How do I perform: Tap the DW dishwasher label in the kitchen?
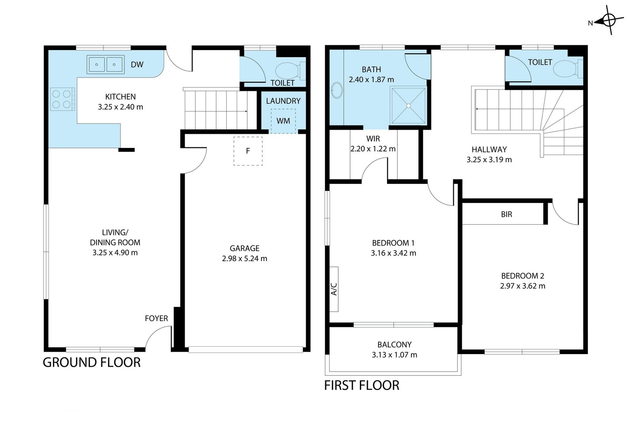(x=137, y=65)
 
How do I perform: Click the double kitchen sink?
(x=106, y=65)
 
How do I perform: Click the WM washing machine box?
(x=283, y=121)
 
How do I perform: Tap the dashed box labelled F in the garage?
(x=248, y=151)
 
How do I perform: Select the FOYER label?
(x=156, y=318)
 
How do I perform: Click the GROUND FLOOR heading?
(x=92, y=362)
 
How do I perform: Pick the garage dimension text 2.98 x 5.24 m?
(x=245, y=259)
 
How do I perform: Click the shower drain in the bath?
(x=408, y=106)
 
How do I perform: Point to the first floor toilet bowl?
(x=566, y=69)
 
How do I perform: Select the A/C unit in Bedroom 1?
(x=334, y=289)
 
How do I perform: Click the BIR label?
(x=506, y=214)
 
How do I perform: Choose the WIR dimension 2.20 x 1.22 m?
(x=373, y=149)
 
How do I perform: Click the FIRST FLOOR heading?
(x=362, y=385)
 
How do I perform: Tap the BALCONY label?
(x=394, y=344)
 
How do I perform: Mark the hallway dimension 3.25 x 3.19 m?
(x=489, y=160)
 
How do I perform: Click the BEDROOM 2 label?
(x=523, y=276)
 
